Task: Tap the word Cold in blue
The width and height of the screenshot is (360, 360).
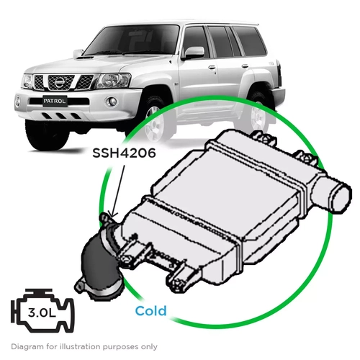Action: coord(151,310)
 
